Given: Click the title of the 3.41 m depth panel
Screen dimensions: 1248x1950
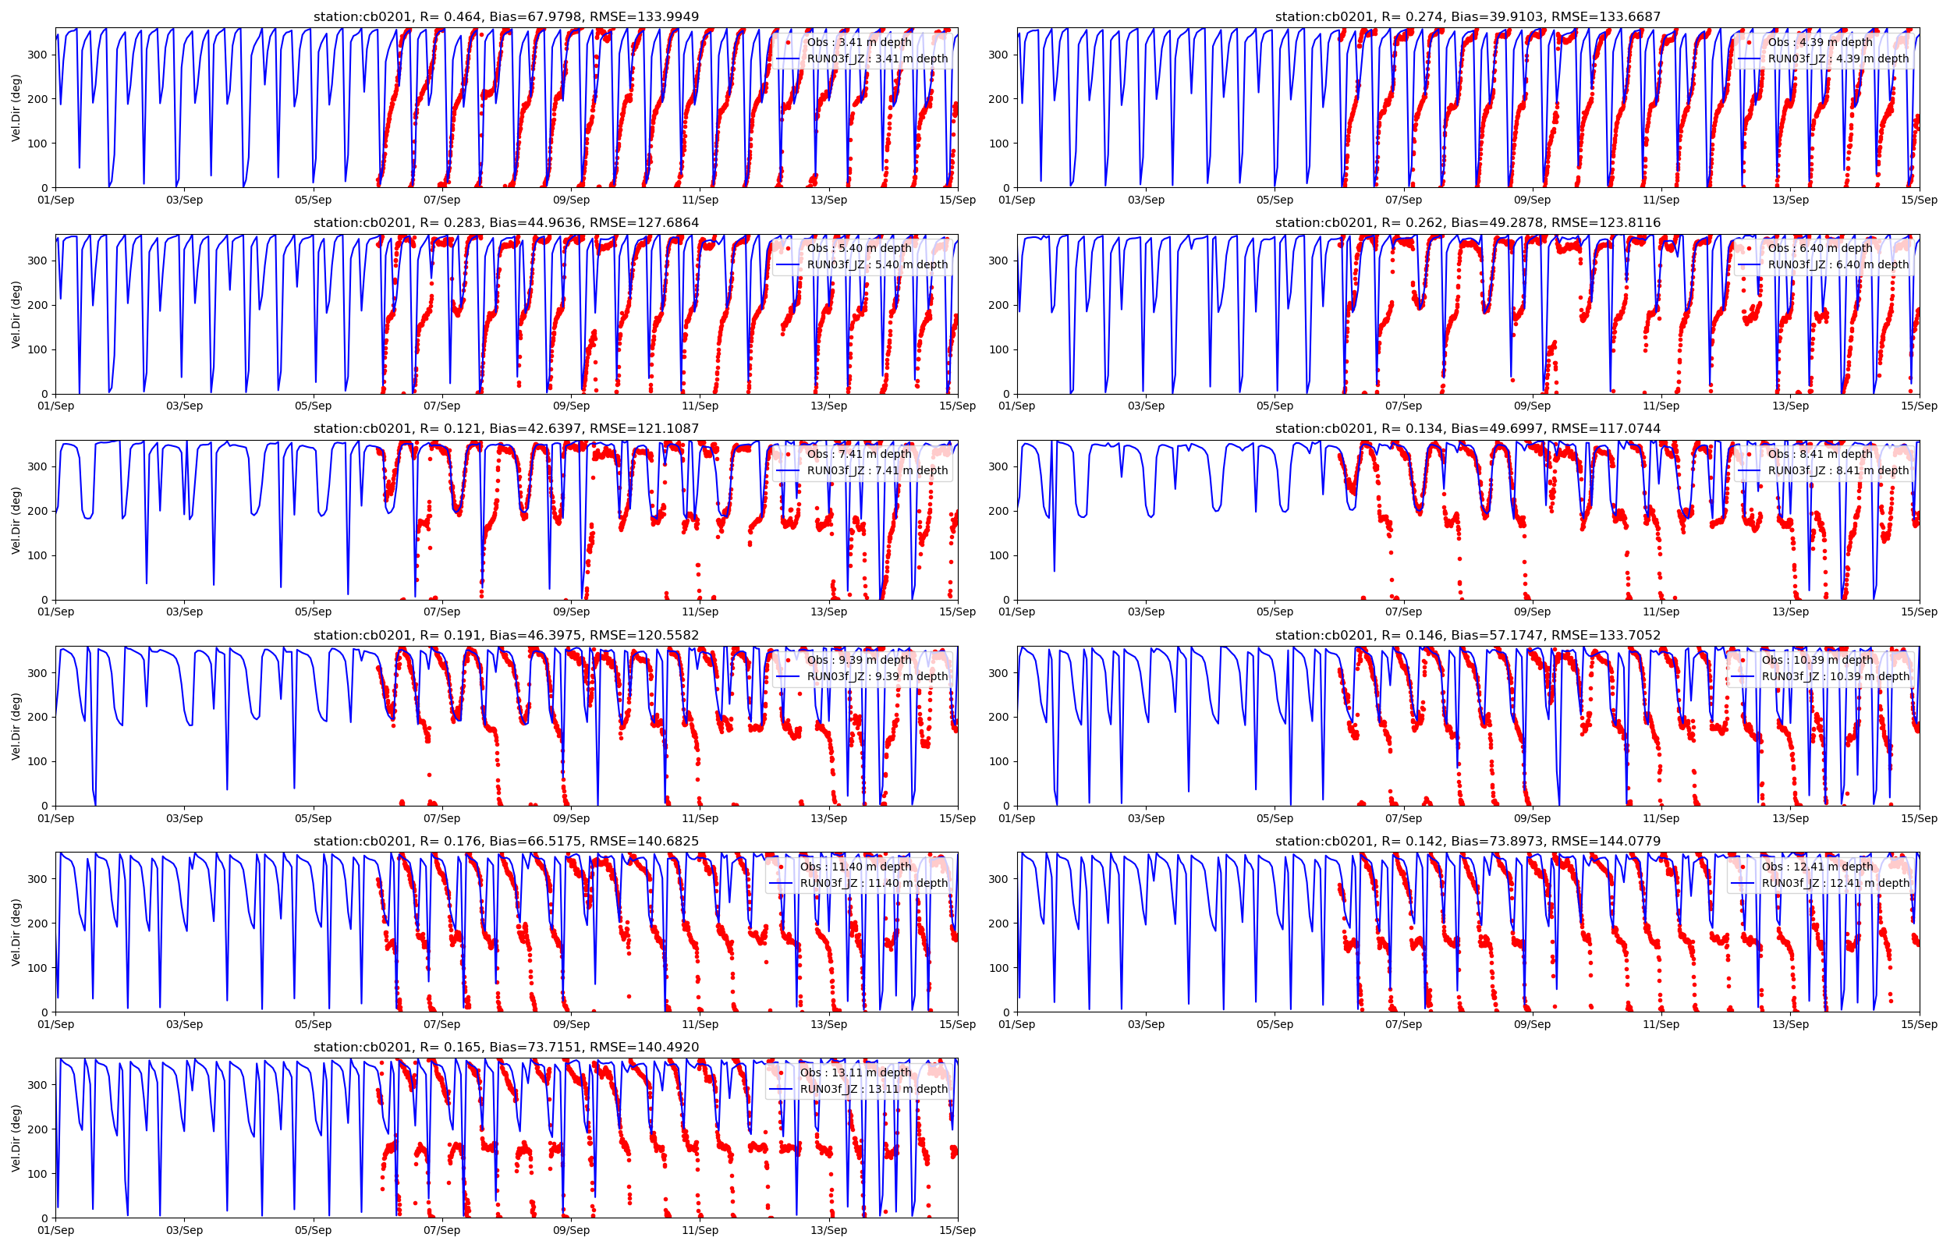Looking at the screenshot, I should [x=505, y=17].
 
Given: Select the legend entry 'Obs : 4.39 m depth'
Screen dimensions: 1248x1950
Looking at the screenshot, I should [x=1820, y=42].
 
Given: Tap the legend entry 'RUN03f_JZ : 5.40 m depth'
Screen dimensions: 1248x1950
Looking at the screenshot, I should [x=877, y=265].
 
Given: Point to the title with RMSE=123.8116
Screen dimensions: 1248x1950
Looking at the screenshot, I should [x=1467, y=223].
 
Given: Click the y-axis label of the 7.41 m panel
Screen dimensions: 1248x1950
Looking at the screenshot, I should [x=16, y=520].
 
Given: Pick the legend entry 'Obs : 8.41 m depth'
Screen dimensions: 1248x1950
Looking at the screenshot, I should [x=1820, y=455].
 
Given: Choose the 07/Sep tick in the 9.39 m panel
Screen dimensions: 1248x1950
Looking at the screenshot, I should [x=441, y=818].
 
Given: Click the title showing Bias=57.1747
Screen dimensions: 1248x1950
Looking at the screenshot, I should [x=1467, y=636].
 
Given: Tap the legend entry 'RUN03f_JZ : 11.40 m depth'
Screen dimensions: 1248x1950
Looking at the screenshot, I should [x=874, y=883].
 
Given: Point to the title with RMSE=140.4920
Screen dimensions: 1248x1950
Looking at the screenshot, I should [x=505, y=1047].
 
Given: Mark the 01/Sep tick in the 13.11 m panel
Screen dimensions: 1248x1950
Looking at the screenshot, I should [x=56, y=1230].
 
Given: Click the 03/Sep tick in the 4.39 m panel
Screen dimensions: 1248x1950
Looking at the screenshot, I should [x=1146, y=200].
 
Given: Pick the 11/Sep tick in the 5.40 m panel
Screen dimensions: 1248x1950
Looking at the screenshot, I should [x=699, y=406].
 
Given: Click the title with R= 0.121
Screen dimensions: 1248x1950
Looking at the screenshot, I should [x=505, y=429].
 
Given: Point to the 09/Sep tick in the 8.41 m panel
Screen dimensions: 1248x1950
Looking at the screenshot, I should [x=1531, y=612].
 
